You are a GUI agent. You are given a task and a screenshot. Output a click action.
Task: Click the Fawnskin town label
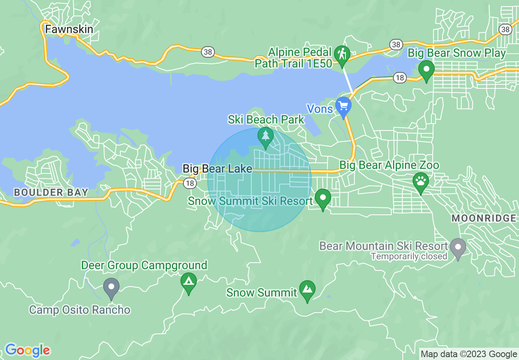[x=69, y=29]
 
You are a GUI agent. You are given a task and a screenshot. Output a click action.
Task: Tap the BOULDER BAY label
[x=51, y=192]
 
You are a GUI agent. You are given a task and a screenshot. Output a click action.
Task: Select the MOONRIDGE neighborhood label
[x=484, y=218]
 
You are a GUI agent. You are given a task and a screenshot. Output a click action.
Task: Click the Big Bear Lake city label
[x=217, y=169]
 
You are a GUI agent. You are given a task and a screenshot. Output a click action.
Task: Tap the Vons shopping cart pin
[x=343, y=106]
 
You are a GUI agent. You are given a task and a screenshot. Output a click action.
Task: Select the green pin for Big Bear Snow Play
[x=426, y=70]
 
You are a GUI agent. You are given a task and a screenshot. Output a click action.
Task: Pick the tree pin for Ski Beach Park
[x=266, y=136]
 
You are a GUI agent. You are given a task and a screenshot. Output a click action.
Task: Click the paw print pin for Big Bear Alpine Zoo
[x=420, y=181]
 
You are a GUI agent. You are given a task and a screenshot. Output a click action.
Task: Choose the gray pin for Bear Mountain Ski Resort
[x=458, y=247]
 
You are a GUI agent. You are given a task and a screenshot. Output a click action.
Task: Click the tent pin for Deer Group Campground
[x=188, y=281]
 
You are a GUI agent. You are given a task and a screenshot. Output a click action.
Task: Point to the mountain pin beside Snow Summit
[x=307, y=289]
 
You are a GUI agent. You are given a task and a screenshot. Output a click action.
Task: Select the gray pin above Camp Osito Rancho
[x=111, y=286]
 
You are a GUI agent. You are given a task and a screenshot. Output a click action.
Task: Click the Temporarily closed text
[x=409, y=256]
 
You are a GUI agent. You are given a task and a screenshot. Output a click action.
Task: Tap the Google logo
[x=27, y=351]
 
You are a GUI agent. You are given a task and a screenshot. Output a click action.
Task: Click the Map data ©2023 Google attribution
[x=469, y=354]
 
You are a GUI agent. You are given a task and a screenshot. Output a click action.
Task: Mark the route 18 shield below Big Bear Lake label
[x=190, y=183]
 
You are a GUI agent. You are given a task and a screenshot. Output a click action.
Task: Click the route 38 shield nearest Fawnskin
[x=208, y=52]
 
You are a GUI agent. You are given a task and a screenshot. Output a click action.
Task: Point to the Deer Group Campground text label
[x=144, y=265]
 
